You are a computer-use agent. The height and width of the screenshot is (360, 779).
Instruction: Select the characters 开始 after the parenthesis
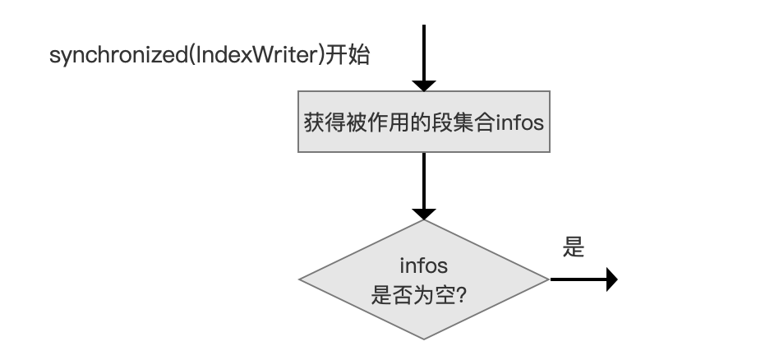(347, 55)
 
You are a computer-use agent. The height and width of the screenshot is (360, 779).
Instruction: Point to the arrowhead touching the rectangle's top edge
(424, 86)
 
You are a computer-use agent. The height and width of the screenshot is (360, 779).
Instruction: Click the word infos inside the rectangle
(519, 122)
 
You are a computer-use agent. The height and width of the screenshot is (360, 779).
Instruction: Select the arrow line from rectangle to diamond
(424, 181)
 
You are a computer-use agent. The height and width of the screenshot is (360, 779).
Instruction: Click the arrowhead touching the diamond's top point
(424, 215)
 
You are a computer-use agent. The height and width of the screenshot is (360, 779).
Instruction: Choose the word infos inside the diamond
(424, 265)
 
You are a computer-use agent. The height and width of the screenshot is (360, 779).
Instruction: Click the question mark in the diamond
(460, 296)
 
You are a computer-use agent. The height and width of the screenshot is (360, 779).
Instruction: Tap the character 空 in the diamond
(445, 296)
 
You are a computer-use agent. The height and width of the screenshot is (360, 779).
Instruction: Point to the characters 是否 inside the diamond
(392, 296)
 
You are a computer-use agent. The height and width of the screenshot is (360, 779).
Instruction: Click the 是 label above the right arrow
(574, 247)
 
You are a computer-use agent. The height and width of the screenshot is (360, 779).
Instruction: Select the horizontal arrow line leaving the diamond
(578, 279)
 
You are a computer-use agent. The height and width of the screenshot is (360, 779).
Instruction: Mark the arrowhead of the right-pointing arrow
(612, 279)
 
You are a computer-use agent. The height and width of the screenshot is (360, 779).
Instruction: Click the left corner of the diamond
(298, 279)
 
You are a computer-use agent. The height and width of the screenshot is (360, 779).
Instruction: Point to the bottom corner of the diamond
(424, 339)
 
